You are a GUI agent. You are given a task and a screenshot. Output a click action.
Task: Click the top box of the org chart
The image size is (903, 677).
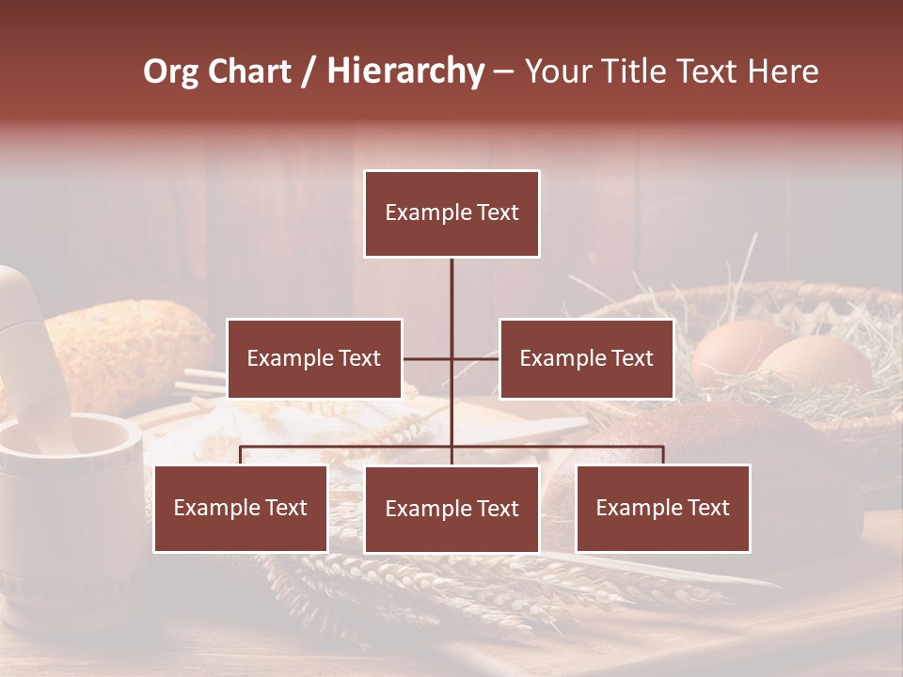tap(451, 213)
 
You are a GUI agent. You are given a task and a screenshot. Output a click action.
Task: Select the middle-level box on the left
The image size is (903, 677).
tap(314, 358)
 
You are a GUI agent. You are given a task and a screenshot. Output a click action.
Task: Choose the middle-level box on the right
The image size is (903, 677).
tap(586, 358)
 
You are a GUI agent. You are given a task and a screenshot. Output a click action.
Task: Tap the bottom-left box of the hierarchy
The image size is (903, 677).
tap(241, 508)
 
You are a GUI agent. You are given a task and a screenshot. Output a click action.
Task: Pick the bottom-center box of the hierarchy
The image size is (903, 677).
tap(451, 509)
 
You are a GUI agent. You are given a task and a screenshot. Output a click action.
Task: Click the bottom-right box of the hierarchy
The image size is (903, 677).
tap(663, 508)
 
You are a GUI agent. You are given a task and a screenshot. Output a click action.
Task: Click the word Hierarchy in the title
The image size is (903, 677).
tap(405, 71)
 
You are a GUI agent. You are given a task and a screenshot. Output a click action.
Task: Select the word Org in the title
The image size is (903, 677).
tap(170, 72)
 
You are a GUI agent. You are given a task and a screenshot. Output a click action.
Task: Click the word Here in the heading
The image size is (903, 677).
tap(783, 71)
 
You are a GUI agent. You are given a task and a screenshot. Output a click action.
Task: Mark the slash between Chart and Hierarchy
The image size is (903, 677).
tap(309, 72)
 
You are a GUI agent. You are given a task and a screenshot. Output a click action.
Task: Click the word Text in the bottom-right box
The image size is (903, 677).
tap(707, 508)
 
